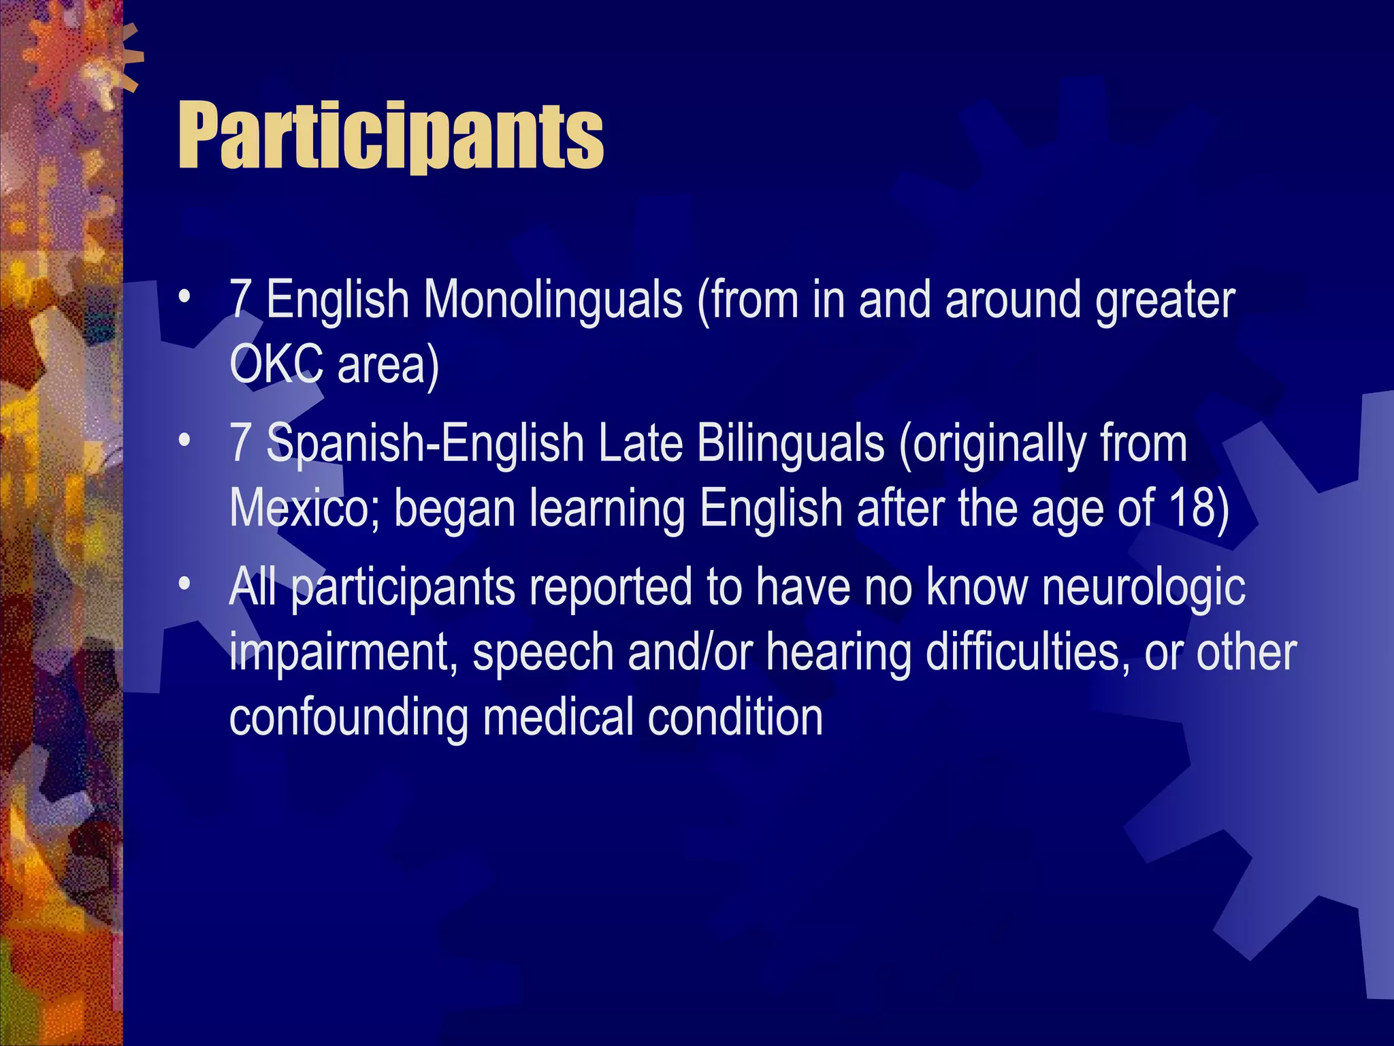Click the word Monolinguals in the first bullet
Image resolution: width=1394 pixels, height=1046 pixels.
pyautogui.click(x=553, y=300)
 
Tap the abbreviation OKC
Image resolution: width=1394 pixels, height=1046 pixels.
pyautogui.click(x=276, y=364)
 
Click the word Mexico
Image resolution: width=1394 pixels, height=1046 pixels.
pyautogui.click(x=298, y=508)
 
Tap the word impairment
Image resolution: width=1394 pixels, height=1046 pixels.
pyautogui.click(x=342, y=652)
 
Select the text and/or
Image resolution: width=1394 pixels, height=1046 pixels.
pyautogui.click(x=690, y=652)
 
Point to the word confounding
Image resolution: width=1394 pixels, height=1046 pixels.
pyautogui.click(x=348, y=718)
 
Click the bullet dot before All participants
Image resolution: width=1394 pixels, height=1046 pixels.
pyautogui.click(x=184, y=585)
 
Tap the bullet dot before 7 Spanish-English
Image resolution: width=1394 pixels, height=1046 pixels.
pyautogui.click(x=184, y=441)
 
